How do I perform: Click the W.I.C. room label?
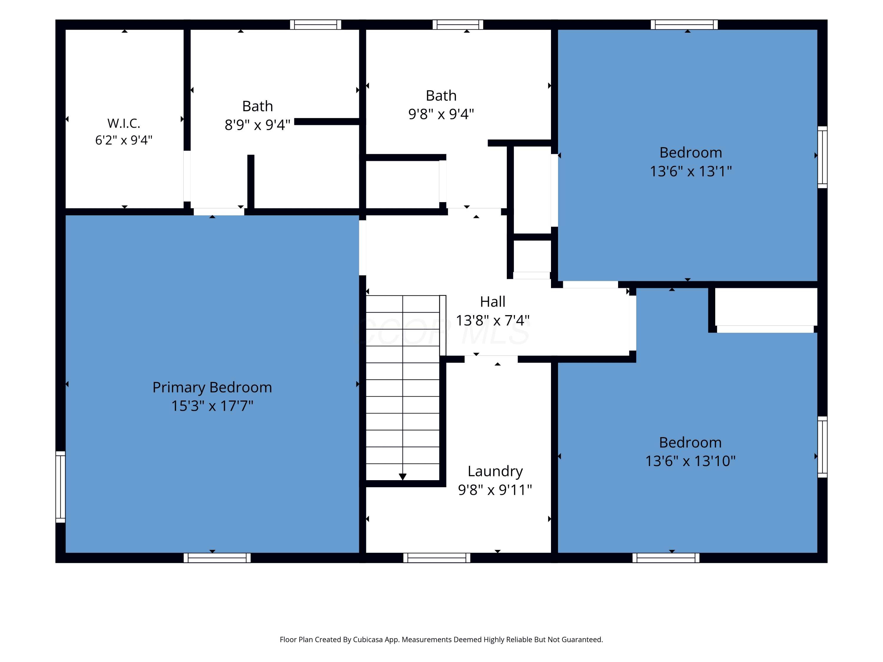pyautogui.click(x=124, y=123)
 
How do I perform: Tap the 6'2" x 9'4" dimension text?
pyautogui.click(x=124, y=140)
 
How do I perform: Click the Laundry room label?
pyautogui.click(x=495, y=472)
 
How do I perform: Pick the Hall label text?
pyautogui.click(x=493, y=302)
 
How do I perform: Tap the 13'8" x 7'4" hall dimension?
pyautogui.click(x=493, y=320)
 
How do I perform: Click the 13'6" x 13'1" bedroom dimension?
pyautogui.click(x=691, y=171)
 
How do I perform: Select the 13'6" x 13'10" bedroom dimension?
pyautogui.click(x=691, y=461)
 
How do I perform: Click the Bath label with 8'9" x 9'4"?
pyautogui.click(x=258, y=106)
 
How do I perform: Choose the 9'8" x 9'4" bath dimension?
pyautogui.click(x=441, y=114)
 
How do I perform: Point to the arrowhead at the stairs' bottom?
pyautogui.click(x=402, y=476)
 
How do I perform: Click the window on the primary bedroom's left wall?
pyautogui.click(x=60, y=487)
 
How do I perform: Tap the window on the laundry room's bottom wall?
pyautogui.click(x=437, y=558)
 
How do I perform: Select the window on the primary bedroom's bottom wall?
pyautogui.click(x=217, y=558)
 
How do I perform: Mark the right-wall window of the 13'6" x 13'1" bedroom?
pyautogui.click(x=822, y=157)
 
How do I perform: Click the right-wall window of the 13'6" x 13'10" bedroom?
pyautogui.click(x=822, y=447)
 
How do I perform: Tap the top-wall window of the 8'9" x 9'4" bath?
pyautogui.click(x=315, y=25)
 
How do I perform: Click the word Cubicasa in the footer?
pyautogui.click(x=368, y=640)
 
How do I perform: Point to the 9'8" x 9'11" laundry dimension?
pyautogui.click(x=495, y=490)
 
